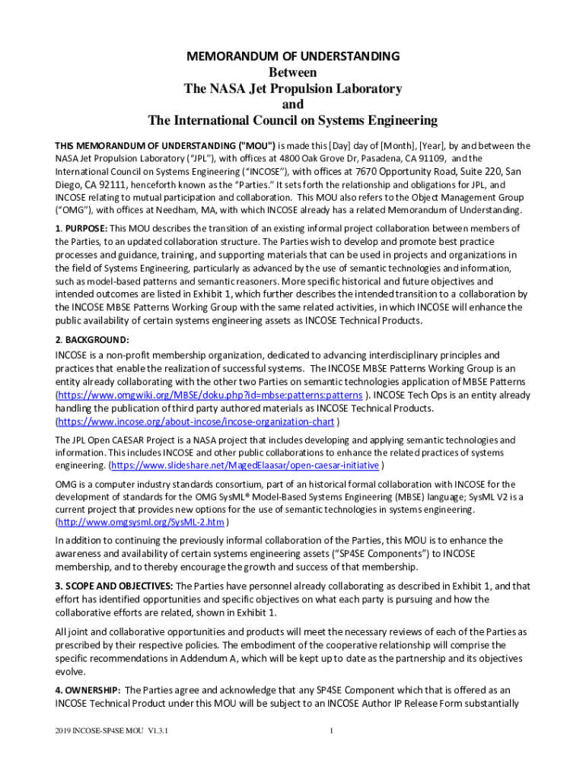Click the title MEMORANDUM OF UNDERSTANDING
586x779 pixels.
pyautogui.click(x=293, y=56)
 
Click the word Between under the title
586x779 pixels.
pyautogui.click(x=293, y=72)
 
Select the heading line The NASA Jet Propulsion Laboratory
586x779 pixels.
pyautogui.click(x=293, y=88)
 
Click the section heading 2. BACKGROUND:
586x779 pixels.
pyautogui.click(x=92, y=339)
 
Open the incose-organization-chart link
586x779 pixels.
pyautogui.click(x=196, y=421)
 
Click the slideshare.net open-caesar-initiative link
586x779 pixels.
pyautogui.click(x=245, y=466)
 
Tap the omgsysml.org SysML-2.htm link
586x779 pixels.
pyautogui.click(x=141, y=522)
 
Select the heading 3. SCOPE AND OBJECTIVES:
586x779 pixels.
pyautogui.click(x=114, y=586)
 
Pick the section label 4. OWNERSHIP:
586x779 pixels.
pyautogui.click(x=88, y=690)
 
